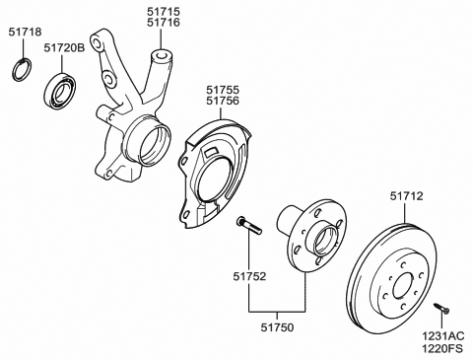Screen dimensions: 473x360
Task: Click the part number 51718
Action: pyautogui.click(x=26, y=32)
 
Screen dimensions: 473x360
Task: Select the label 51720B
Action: pyautogui.click(x=64, y=48)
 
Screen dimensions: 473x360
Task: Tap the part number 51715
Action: pyautogui.click(x=164, y=12)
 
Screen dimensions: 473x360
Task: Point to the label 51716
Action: pyautogui.click(x=164, y=23)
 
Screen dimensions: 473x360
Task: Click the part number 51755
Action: pyautogui.click(x=223, y=90)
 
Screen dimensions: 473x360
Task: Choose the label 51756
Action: pyautogui.click(x=223, y=101)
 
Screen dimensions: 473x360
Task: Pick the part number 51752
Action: pyautogui.click(x=249, y=276)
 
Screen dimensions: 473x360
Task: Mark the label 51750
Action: pyautogui.click(x=278, y=327)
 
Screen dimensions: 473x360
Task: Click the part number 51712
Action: pyautogui.click(x=407, y=196)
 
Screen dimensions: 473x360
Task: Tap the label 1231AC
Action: pyautogui.click(x=443, y=336)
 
